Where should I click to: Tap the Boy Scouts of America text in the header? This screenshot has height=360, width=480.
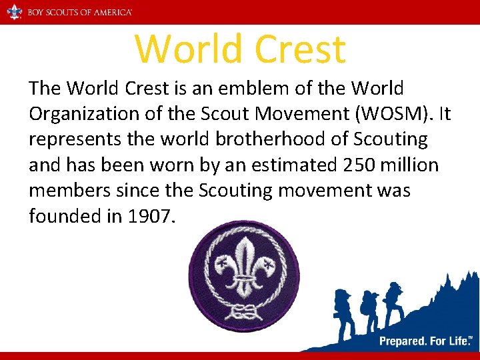point(79,12)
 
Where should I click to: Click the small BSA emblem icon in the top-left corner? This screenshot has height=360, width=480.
point(13,12)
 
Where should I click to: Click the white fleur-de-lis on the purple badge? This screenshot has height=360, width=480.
point(244,267)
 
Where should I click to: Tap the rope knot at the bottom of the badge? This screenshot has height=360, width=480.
point(243,311)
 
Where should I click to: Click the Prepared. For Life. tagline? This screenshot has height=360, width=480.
point(423,341)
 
